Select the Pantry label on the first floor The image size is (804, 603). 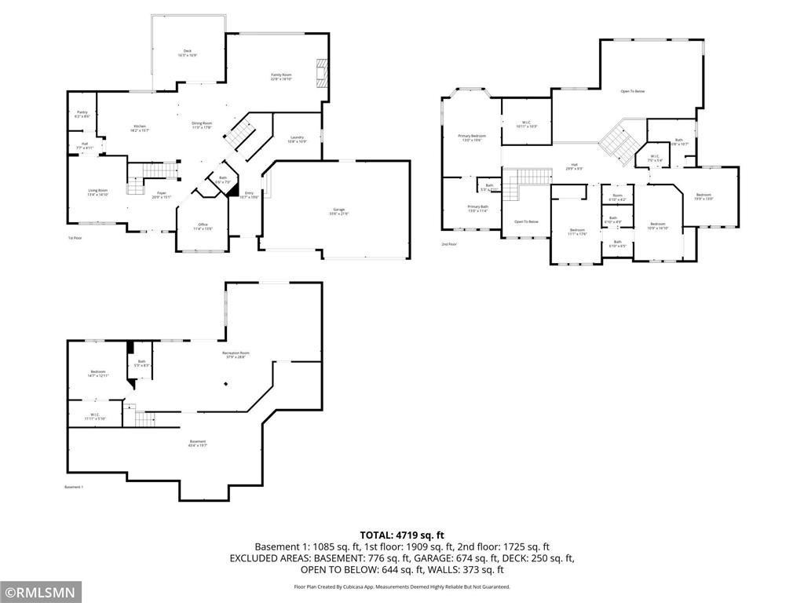pyautogui.click(x=82, y=115)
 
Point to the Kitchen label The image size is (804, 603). pyautogui.click(x=140, y=128)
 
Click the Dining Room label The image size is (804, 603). pyautogui.click(x=202, y=125)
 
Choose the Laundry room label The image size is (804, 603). pyautogui.click(x=297, y=139)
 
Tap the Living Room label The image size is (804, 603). pyautogui.click(x=97, y=192)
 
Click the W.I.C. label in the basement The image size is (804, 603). pyautogui.click(x=94, y=416)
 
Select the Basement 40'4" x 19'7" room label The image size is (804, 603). pyautogui.click(x=197, y=444)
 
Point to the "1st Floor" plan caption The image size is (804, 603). pyautogui.click(x=75, y=237)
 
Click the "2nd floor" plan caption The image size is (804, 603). pyautogui.click(x=449, y=244)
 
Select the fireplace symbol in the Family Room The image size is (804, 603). pyautogui.click(x=319, y=72)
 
